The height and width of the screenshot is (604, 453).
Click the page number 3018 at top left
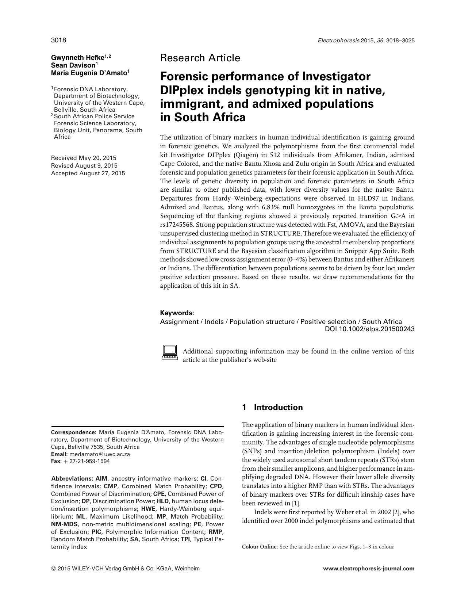58,40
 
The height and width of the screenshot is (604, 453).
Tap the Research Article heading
200,58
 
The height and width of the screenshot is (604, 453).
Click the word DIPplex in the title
182,90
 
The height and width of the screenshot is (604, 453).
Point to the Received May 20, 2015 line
84,158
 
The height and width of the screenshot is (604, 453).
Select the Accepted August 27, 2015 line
88,173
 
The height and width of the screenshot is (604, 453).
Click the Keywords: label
177,313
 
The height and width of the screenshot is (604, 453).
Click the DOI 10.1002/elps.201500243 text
369,329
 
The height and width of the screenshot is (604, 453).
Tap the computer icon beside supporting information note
169,353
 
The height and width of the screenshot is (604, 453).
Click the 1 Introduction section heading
272,407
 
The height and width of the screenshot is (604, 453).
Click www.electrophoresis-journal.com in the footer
369,569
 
